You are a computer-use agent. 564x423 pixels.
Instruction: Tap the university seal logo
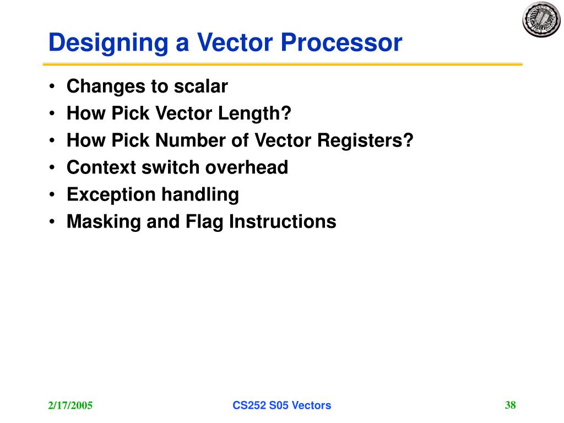coord(540,19)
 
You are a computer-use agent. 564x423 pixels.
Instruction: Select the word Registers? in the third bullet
coord(365,140)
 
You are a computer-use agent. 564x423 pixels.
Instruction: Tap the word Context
coord(100,167)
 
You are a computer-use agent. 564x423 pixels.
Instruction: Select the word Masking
coord(103,221)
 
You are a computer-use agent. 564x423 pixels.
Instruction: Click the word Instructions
coord(283,221)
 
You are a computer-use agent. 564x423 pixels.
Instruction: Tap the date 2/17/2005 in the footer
coord(69,406)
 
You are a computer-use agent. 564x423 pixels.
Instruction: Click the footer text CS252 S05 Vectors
coord(281,406)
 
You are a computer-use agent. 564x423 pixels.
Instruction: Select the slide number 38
coord(510,405)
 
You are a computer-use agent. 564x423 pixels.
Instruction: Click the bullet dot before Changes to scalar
coord(51,87)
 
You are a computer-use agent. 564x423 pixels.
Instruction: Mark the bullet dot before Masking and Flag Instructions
coord(51,222)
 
